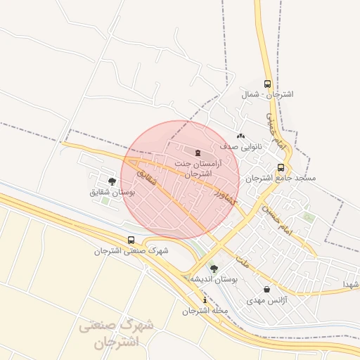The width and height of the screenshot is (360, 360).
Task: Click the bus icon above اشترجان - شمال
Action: click(267, 84)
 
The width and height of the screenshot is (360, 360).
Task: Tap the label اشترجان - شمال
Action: click(267, 94)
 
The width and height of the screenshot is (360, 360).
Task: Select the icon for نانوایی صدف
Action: click(240, 136)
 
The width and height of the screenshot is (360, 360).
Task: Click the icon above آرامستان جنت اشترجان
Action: click(198, 153)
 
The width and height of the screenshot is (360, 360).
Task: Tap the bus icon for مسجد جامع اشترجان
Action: click(281, 167)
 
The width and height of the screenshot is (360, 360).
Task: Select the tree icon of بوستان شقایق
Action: click(112, 181)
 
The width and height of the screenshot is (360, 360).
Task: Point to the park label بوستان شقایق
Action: click(112, 192)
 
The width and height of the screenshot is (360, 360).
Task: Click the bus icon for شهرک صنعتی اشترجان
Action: click(131, 240)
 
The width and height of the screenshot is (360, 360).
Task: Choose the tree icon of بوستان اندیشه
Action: click(214, 269)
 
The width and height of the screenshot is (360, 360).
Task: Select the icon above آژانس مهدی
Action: click(266, 289)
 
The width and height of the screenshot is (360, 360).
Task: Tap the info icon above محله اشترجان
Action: click(205, 300)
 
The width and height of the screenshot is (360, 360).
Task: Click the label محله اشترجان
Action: click(205, 311)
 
